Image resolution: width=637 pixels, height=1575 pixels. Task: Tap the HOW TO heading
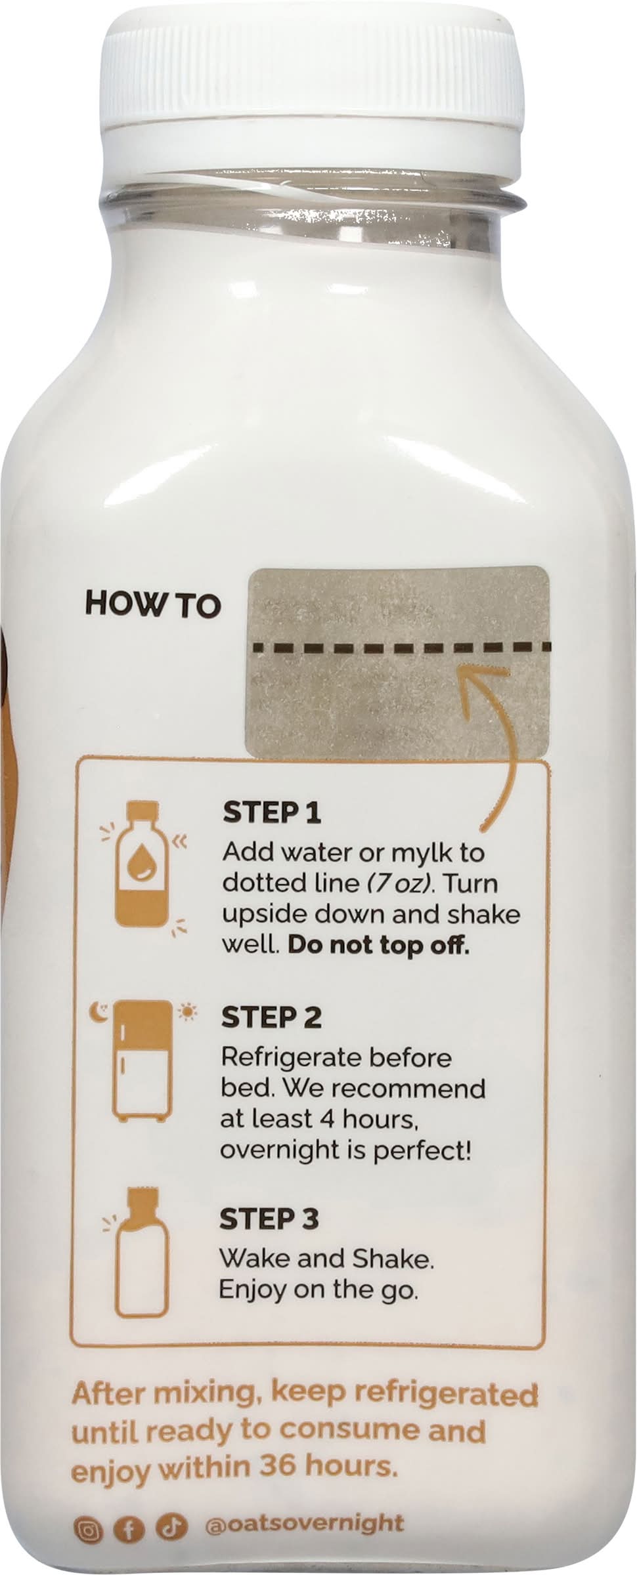click(153, 605)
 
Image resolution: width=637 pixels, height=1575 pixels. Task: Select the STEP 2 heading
click(271, 1017)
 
